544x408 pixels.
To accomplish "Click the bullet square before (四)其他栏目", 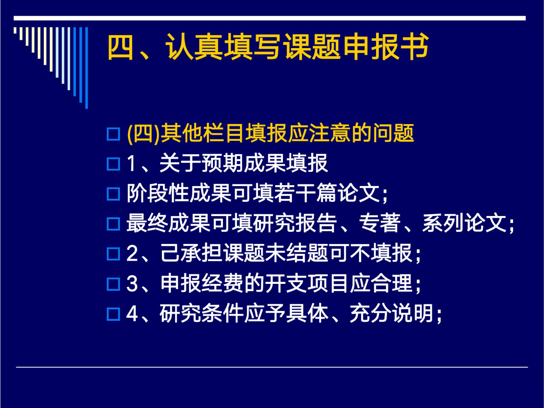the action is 113,134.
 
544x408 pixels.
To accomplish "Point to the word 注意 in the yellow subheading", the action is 330,133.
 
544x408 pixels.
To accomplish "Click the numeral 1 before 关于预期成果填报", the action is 131,163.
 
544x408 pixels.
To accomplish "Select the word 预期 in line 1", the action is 223,163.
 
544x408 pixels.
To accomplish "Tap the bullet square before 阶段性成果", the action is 113,194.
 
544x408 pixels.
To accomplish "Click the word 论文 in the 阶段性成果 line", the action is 360,193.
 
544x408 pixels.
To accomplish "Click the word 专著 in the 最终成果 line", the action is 380,223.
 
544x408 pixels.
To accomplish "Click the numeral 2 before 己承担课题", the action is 132,253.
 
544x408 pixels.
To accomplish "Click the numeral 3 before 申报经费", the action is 132,283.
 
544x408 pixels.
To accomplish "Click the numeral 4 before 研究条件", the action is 132,314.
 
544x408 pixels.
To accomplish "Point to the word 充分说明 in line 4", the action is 392,313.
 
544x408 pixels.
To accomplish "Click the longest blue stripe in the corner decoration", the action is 86,68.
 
